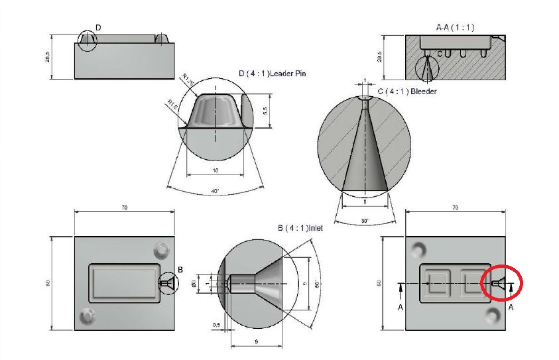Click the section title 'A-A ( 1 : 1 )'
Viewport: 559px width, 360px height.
455,27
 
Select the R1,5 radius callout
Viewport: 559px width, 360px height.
172,103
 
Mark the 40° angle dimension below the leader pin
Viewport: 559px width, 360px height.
215,191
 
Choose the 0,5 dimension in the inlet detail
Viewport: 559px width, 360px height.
216,324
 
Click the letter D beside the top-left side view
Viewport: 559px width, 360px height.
98,27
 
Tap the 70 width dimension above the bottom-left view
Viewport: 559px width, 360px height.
125,208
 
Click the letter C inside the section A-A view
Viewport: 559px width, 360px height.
438,53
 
